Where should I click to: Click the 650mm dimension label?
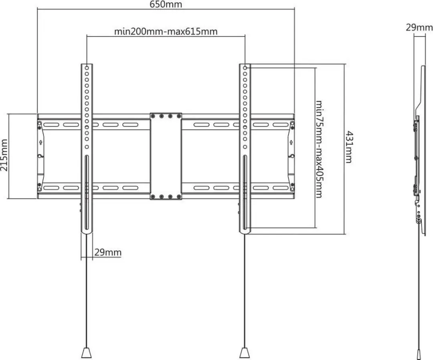pos(166,4)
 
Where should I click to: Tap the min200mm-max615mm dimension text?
pos(166,32)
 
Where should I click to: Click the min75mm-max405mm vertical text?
pos(319,149)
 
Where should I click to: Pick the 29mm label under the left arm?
pos(108,252)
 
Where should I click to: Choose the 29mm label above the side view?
pos(419,28)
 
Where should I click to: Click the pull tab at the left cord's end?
pos(87,352)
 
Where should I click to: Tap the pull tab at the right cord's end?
pos(245,352)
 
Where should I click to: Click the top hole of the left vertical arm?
pos(87,68)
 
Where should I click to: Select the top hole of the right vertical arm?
pos(245,68)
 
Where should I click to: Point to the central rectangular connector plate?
pos(166,156)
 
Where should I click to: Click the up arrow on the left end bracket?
pos(41,142)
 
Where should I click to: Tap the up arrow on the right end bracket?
pos(291,142)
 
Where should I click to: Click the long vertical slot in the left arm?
pos(87,192)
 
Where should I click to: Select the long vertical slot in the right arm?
pos(245,192)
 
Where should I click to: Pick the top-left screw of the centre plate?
pos(153,116)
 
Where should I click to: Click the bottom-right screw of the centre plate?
pos(179,196)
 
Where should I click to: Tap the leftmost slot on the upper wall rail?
pos(51,125)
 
